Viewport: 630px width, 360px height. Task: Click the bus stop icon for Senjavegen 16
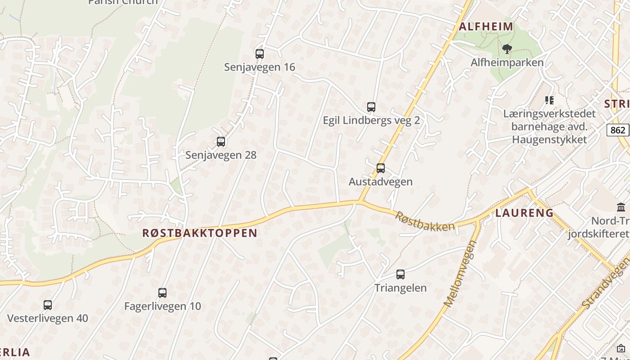pyautogui.click(x=260, y=54)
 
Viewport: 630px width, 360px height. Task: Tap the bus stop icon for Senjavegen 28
pyautogui.click(x=221, y=142)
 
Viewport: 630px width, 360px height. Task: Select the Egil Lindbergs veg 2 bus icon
pyautogui.click(x=371, y=107)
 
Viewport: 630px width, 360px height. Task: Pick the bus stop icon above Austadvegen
pyautogui.click(x=381, y=168)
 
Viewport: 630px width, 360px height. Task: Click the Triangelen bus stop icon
pyautogui.click(x=400, y=274)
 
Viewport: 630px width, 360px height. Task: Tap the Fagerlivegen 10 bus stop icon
pyautogui.click(x=162, y=293)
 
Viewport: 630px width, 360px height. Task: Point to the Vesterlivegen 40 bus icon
pyautogui.click(x=48, y=305)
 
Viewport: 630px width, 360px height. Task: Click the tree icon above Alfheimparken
pyautogui.click(x=507, y=49)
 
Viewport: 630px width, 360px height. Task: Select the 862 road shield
pyautogui.click(x=618, y=130)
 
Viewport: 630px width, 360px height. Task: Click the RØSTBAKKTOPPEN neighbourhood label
pyautogui.click(x=200, y=233)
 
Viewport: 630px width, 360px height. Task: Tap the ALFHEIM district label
pyautogui.click(x=486, y=27)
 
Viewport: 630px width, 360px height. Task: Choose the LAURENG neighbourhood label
pyautogui.click(x=524, y=213)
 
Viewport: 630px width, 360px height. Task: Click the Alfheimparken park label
pyautogui.click(x=507, y=63)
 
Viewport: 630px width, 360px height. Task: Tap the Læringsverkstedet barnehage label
pyautogui.click(x=549, y=126)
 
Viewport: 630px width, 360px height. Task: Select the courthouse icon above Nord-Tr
pyautogui.click(x=621, y=207)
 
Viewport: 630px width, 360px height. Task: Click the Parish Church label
pyautogui.click(x=123, y=2)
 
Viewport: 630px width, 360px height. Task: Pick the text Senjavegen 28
pyautogui.click(x=221, y=155)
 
